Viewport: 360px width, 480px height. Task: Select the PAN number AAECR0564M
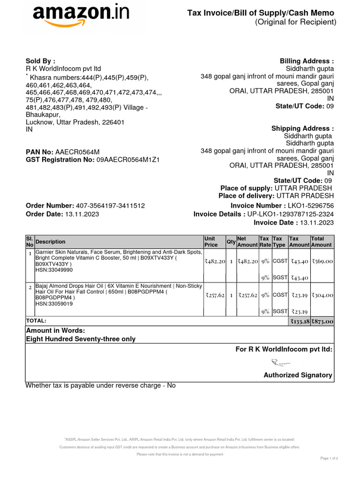point(77,151)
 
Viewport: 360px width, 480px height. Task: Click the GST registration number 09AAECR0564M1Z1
point(128,160)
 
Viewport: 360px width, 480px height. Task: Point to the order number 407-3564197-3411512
point(110,206)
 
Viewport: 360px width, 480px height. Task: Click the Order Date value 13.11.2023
point(82,214)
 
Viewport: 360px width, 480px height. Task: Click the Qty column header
point(231,241)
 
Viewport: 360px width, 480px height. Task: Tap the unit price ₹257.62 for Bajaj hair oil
point(215,295)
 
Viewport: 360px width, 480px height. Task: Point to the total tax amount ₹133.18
point(299,322)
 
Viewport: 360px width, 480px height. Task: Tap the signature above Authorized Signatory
point(281,361)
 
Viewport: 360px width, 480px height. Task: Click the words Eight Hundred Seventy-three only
point(81,339)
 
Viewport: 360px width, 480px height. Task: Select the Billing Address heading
point(307,61)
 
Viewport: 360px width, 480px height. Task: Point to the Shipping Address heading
point(302,129)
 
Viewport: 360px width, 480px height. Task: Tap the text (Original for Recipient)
point(295,22)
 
